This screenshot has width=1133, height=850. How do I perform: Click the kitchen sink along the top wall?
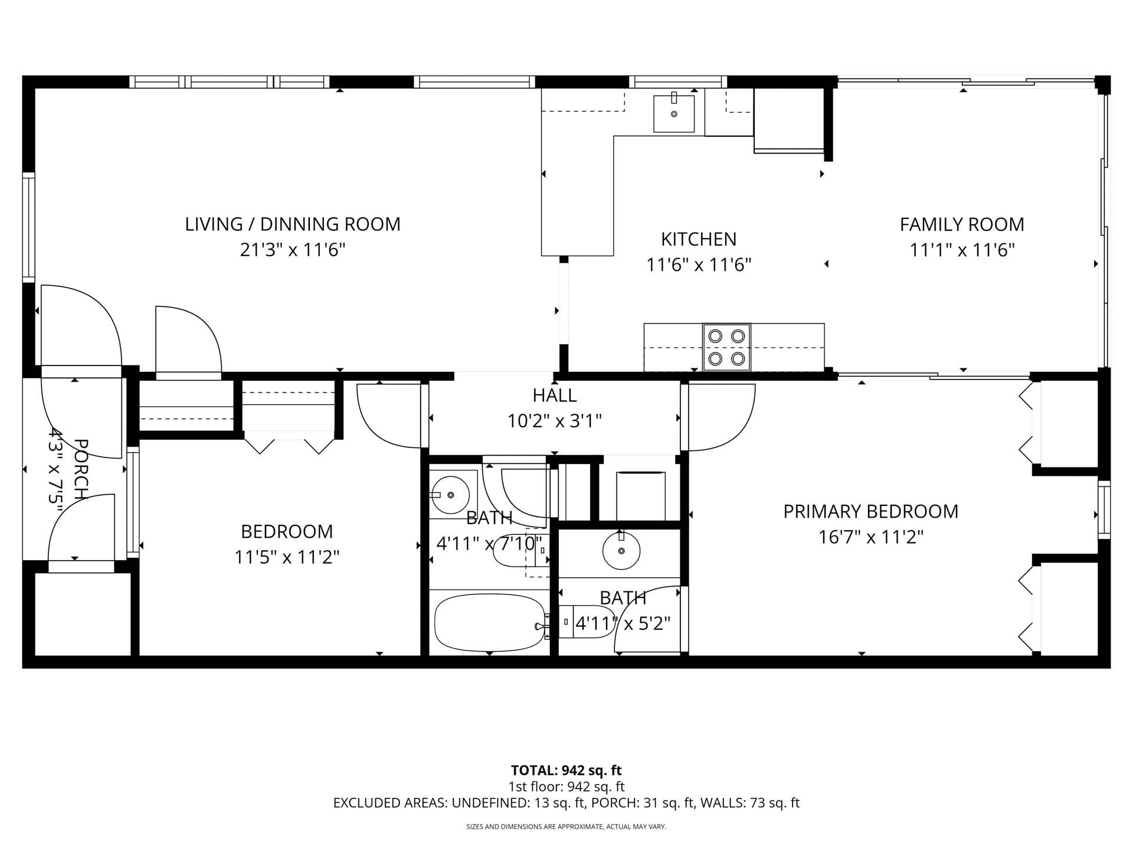[x=673, y=113]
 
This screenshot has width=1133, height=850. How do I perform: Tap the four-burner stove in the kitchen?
[x=726, y=347]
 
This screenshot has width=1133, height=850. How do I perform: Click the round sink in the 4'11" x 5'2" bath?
[x=621, y=550]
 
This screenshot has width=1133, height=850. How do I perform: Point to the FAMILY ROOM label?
[x=961, y=224]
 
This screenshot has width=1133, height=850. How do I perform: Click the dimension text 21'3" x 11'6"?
[x=292, y=250]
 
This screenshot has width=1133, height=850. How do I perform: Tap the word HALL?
[x=554, y=395]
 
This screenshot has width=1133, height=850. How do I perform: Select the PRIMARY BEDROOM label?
[x=870, y=511]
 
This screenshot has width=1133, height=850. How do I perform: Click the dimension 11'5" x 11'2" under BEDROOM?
[x=287, y=557]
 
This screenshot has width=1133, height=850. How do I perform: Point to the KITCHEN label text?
[x=698, y=239]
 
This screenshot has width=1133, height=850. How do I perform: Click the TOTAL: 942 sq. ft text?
[x=566, y=770]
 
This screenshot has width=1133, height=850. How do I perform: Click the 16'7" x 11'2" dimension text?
[x=870, y=537]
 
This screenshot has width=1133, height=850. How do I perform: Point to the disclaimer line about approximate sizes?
[x=566, y=827]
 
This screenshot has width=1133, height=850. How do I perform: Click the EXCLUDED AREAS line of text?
[x=566, y=803]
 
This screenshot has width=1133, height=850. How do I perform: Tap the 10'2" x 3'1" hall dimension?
[x=554, y=421]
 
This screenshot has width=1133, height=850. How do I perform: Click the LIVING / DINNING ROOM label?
[x=292, y=224]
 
